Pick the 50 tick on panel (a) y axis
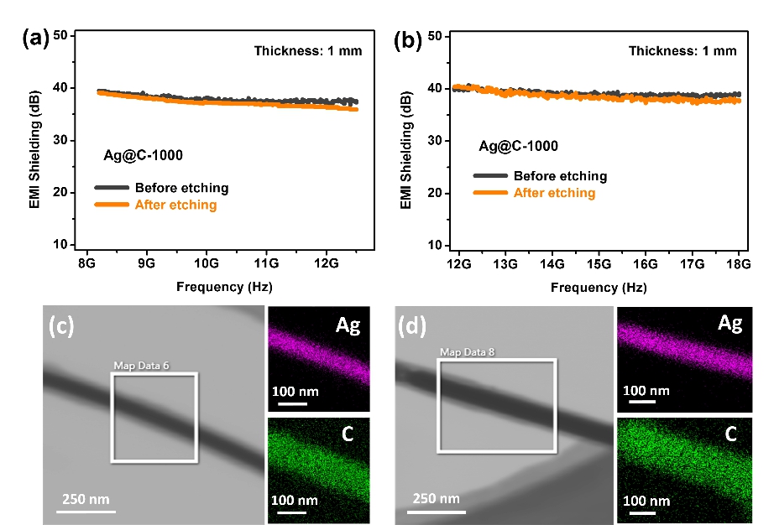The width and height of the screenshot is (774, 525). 60,36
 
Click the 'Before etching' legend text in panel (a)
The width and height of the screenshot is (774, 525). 181,188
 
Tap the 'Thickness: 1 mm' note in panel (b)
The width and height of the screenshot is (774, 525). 682,51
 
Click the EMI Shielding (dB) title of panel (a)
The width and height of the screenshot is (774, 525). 34,140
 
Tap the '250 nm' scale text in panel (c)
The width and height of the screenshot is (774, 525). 86,500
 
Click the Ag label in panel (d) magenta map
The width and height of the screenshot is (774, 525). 730,324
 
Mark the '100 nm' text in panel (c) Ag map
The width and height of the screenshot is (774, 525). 295,391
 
